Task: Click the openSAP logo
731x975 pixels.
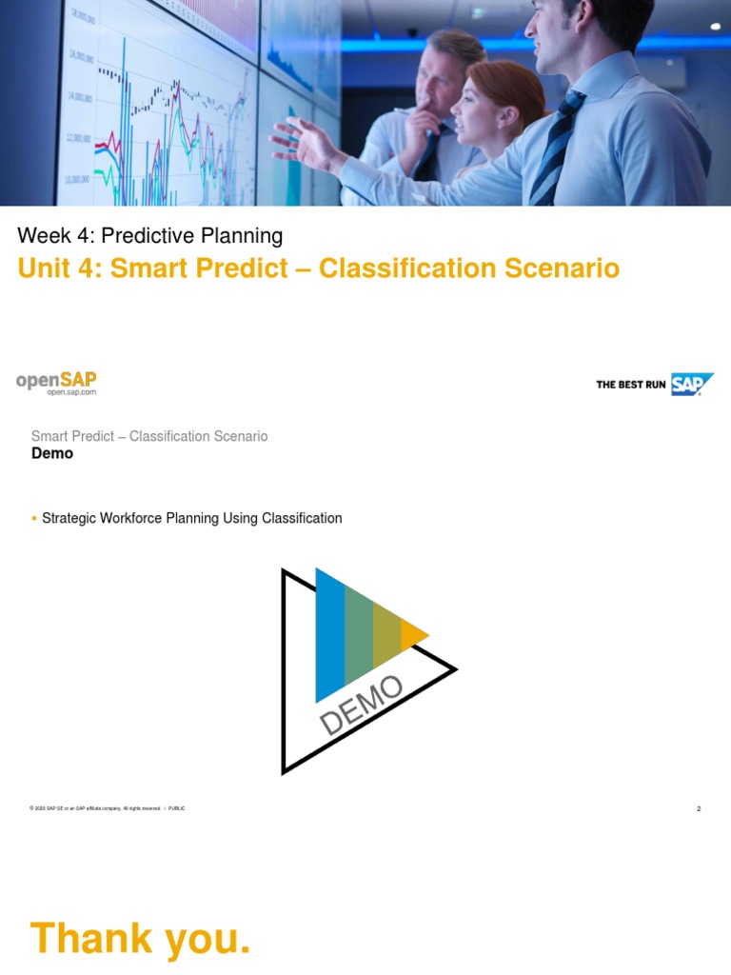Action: point(56,380)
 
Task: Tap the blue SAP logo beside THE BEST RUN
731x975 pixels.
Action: point(692,385)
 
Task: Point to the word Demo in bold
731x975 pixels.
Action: point(52,453)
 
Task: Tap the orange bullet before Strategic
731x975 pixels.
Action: point(34,518)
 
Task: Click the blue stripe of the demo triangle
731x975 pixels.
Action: point(329,633)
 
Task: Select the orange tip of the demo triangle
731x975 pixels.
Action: point(413,634)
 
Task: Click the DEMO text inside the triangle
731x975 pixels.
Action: point(362,706)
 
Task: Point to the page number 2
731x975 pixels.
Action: point(699,808)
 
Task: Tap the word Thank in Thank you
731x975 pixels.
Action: point(90,938)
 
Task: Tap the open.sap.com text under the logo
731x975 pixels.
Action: point(71,392)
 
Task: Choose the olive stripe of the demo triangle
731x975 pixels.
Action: point(386,634)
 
